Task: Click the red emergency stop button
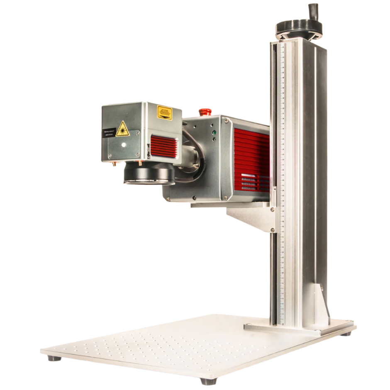coord(204,111)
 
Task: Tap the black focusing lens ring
coord(148,174)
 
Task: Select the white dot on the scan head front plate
coord(123,146)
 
